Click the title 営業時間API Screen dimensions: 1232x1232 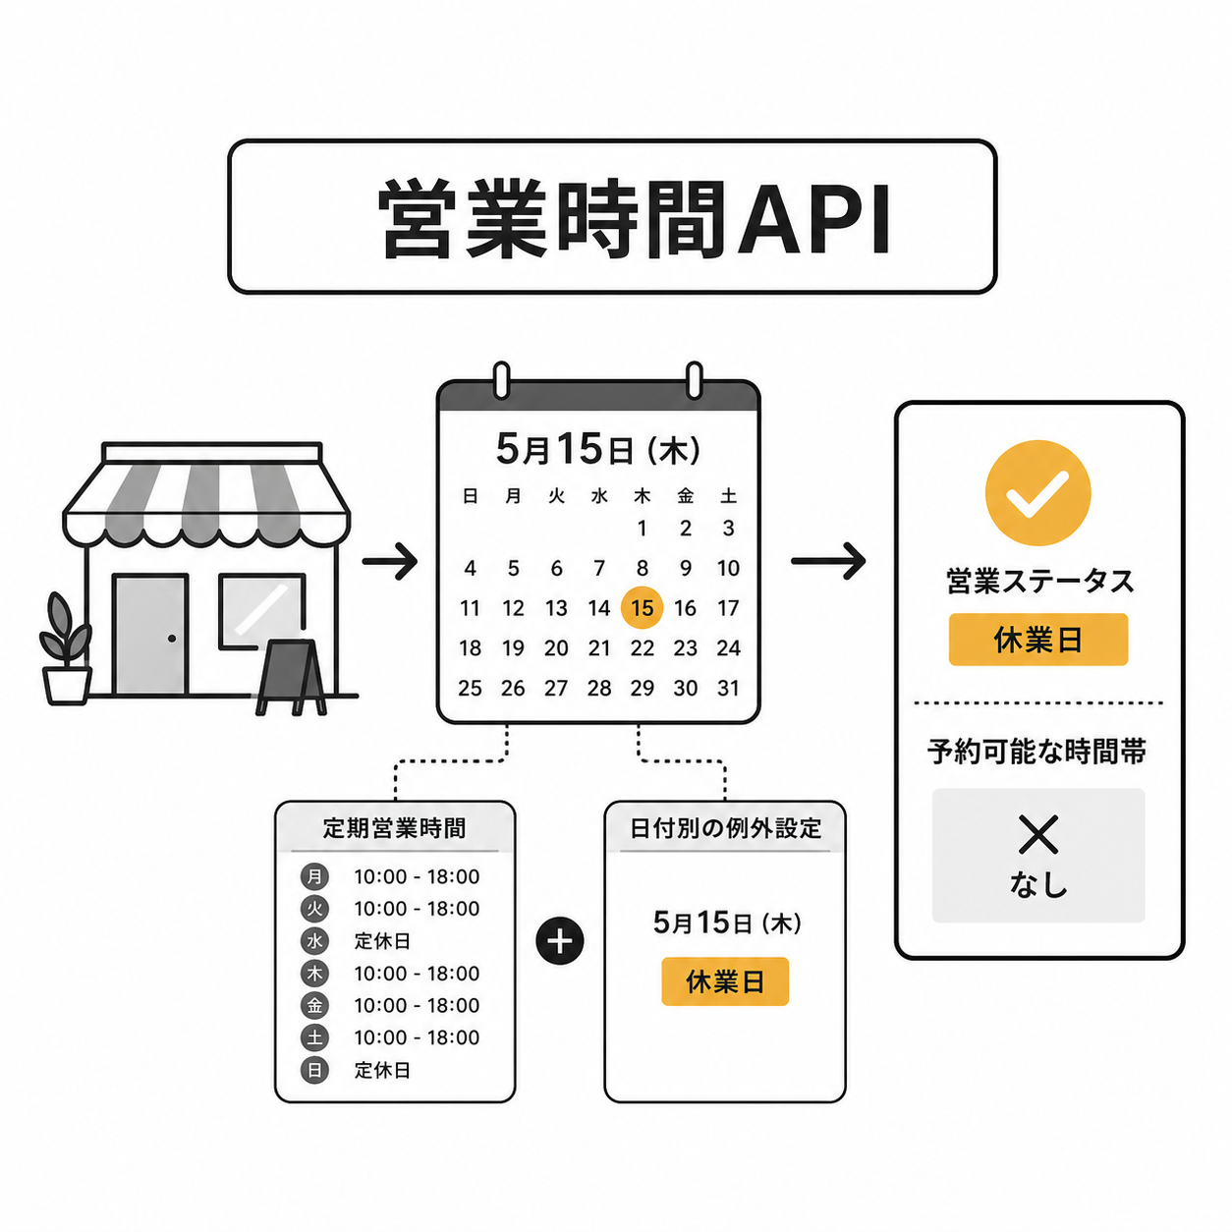point(634,219)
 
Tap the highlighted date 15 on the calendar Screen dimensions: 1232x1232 point(642,607)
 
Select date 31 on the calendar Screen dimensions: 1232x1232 point(728,688)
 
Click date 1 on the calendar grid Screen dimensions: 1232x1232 point(642,529)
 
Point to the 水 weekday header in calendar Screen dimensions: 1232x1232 point(599,496)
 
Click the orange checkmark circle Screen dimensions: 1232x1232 point(1037,492)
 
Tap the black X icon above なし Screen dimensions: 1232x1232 point(1038,834)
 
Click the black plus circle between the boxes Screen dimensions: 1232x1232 point(559,942)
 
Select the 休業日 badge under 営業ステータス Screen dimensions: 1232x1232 point(1037,640)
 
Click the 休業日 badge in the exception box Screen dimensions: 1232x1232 point(724,981)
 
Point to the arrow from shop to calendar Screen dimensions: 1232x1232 point(389,561)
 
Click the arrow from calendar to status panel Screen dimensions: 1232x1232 point(828,561)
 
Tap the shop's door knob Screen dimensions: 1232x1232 point(171,638)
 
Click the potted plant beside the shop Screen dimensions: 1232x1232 point(66,648)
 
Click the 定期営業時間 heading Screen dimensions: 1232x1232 point(394,828)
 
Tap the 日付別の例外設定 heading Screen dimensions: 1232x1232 point(725,828)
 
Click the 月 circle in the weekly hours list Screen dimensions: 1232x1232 point(314,876)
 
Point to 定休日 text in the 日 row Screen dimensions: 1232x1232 point(381,1070)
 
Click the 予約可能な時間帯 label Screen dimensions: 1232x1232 point(1036,752)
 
